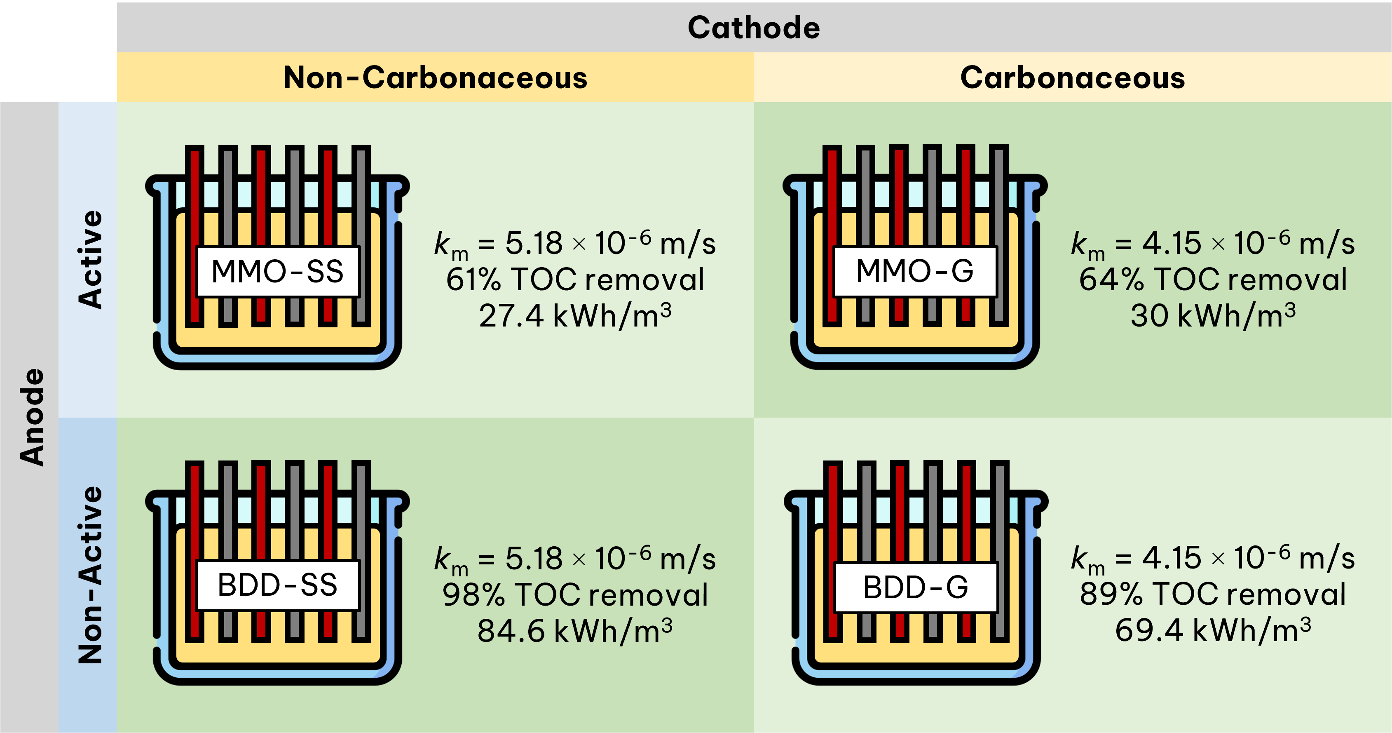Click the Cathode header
tap(754, 28)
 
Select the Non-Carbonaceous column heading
tap(435, 78)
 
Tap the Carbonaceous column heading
tap(1073, 78)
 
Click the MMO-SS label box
tap(277, 271)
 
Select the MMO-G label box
tap(915, 271)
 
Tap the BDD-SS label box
tap(277, 585)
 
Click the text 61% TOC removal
tap(575, 280)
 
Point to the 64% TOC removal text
tap(1213, 280)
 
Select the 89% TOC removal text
tap(1213, 594)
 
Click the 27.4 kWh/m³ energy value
tap(575, 316)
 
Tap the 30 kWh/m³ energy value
tap(1213, 316)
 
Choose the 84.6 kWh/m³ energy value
tap(575, 631)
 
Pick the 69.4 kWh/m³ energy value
tap(1213, 630)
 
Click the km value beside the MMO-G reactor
tap(1213, 244)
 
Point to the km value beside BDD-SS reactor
tap(575, 559)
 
